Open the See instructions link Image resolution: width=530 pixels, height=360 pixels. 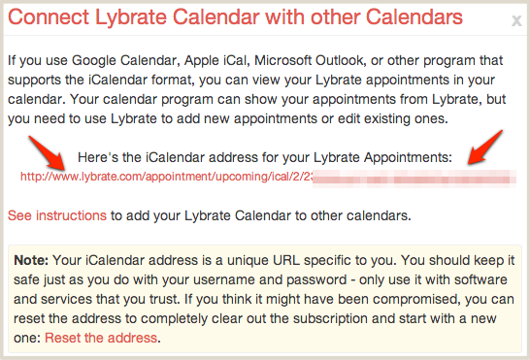tap(55, 214)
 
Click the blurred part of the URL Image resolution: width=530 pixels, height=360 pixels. tap(408, 177)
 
